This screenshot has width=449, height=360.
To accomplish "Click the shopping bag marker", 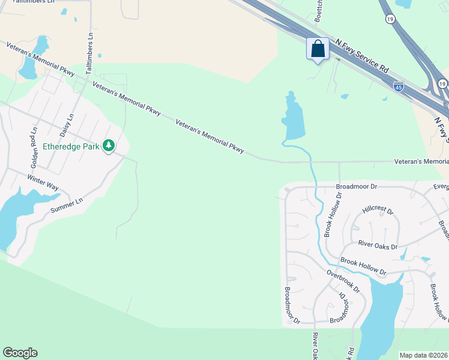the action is tap(318, 49).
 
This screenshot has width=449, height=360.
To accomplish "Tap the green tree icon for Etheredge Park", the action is tap(109, 145).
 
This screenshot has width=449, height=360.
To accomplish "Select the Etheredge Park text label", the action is tap(71, 146).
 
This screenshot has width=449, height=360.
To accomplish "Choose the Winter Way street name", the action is tap(43, 182).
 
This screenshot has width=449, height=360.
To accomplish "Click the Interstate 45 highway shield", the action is tap(399, 87).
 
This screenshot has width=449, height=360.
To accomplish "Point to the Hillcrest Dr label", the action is tap(378, 211).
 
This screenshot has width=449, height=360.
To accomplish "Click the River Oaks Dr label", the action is tap(378, 246).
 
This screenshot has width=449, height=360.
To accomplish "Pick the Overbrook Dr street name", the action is tap(343, 281).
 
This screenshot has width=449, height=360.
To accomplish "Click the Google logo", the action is tap(20, 353).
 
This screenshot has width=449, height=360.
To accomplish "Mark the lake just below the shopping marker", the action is tap(294, 120).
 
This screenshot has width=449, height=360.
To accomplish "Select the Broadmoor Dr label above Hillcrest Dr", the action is tap(355, 187).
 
